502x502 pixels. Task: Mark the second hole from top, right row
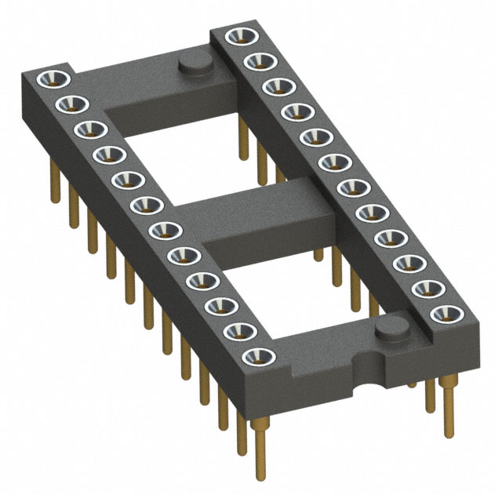(x=254, y=60)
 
